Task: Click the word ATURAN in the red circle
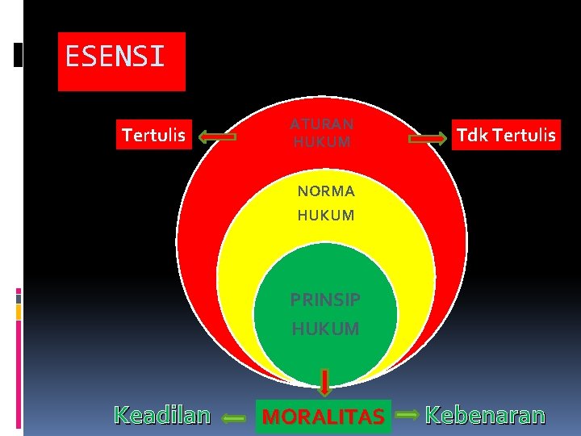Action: click(322, 124)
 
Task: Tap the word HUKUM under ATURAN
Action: click(322, 142)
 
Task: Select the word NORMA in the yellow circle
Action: click(325, 191)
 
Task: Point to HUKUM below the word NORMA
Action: click(325, 216)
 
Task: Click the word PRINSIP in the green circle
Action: click(325, 300)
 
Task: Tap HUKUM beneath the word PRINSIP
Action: click(325, 329)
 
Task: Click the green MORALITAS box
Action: click(324, 417)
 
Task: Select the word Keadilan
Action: click(162, 415)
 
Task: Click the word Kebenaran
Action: click(485, 415)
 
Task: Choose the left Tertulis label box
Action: click(153, 135)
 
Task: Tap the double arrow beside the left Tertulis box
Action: click(218, 137)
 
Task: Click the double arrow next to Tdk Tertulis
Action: click(428, 138)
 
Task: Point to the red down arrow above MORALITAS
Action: click(324, 383)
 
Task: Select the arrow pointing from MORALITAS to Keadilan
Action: click(234, 418)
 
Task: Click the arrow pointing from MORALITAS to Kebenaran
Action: click(408, 415)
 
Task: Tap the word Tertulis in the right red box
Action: click(524, 135)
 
